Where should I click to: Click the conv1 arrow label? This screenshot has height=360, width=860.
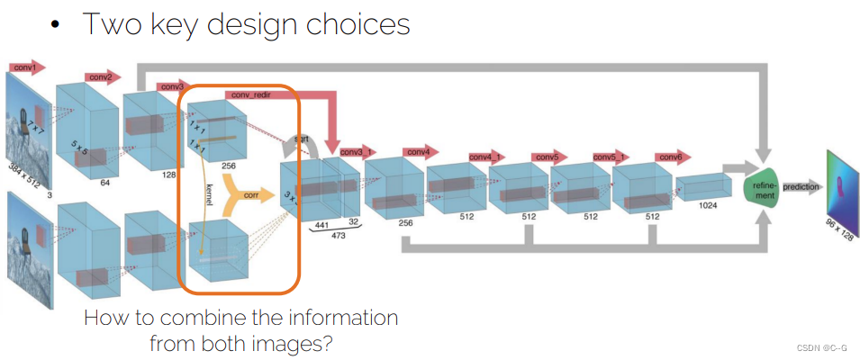coord(24,67)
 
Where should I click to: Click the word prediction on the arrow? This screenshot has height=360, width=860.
coord(801,186)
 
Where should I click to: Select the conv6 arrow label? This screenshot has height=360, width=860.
coord(671,157)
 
